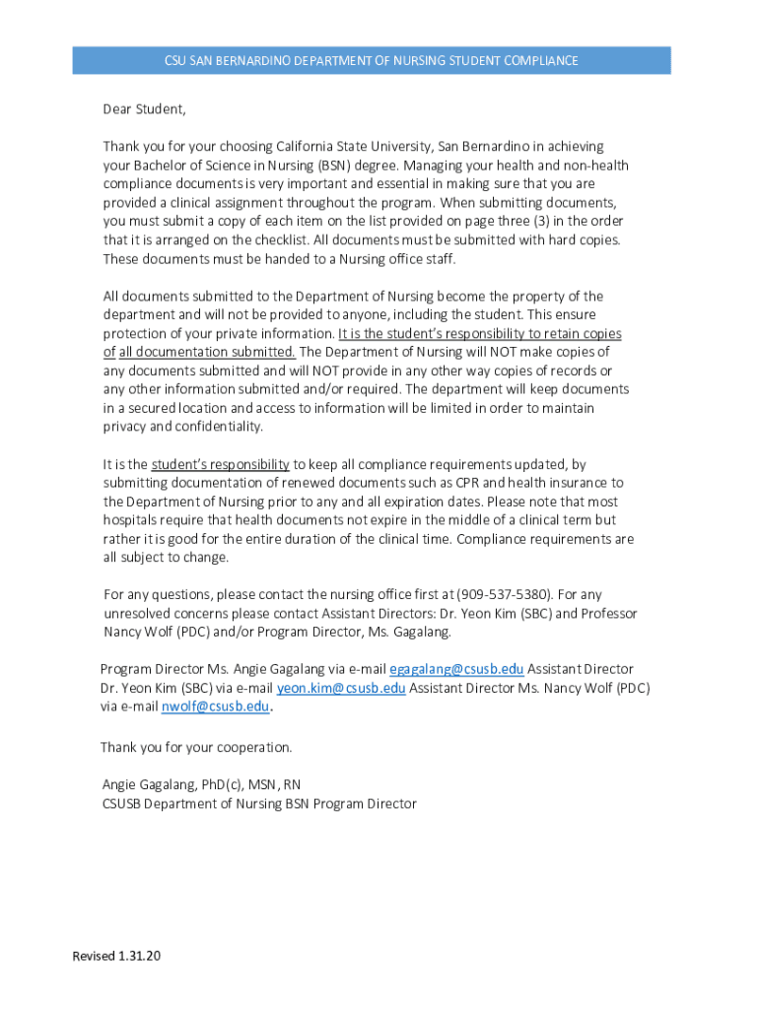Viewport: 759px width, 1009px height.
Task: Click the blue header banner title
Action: [x=371, y=61]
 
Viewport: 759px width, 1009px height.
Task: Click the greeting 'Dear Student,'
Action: [x=144, y=108]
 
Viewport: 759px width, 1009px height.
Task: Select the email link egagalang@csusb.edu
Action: [x=456, y=669]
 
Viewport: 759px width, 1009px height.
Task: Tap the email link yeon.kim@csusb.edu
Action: [x=341, y=688]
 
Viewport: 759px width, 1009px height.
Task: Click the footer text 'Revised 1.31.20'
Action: [x=116, y=957]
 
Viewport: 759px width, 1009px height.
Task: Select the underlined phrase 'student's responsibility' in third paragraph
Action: [x=220, y=464]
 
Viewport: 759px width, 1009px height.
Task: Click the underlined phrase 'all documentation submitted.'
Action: [x=207, y=352]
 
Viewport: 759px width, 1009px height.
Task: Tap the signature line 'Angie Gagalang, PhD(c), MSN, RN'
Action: [x=202, y=784]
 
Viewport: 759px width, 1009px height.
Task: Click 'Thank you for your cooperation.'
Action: [x=196, y=747]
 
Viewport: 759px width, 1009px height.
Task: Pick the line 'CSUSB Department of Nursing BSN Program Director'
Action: [x=259, y=803]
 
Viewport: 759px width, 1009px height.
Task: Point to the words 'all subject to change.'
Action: [x=166, y=557]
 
